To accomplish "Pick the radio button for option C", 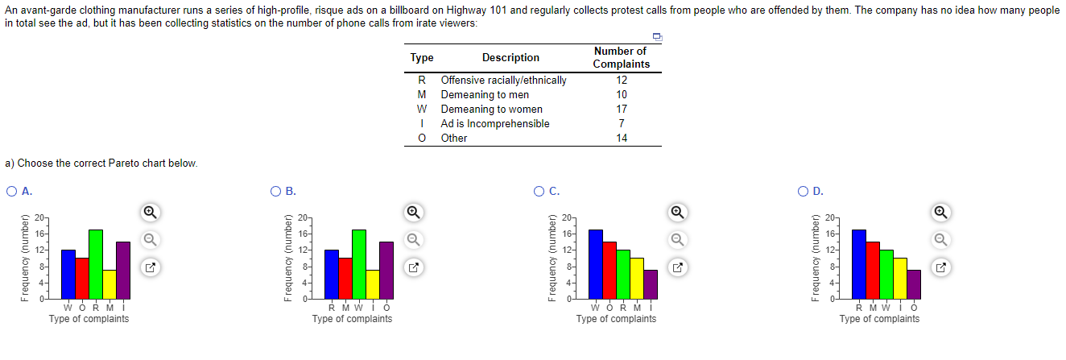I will (539, 192).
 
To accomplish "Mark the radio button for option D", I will (802, 192).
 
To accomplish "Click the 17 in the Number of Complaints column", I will (622, 109).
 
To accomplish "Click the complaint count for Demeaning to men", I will (622, 94).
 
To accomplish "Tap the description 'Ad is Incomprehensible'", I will (494, 123).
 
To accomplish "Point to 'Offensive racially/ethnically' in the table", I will (503, 80).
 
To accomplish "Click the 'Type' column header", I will (422, 57).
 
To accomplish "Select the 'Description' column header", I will (510, 57).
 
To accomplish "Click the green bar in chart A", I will (96, 264).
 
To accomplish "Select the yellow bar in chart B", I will (372, 283).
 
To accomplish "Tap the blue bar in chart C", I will (596, 264).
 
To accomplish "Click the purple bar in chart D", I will (914, 283).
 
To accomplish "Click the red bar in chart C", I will (609, 270).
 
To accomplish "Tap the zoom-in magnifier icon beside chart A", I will (149, 212).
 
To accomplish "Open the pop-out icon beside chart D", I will (940, 266).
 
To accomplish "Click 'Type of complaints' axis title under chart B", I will (352, 319).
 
